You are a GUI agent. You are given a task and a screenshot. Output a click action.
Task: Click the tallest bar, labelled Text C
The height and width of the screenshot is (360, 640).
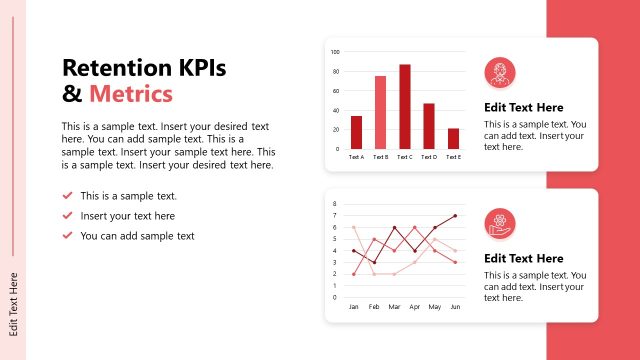coord(405,107)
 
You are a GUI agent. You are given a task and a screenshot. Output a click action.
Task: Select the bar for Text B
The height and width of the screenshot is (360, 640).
coord(380,113)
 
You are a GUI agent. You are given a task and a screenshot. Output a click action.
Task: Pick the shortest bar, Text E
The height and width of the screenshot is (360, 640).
coord(453,138)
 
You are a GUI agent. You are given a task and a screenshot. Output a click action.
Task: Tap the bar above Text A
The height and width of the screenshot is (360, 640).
coord(356,132)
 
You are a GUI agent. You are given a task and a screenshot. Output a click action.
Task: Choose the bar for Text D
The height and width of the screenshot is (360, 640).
coord(429,126)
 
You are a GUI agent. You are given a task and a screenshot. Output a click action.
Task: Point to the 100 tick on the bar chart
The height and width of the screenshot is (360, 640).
coord(335,52)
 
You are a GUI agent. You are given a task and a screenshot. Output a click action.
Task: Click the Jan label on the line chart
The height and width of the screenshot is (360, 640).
coord(354,307)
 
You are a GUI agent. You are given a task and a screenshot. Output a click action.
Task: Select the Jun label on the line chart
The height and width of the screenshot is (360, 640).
coord(455,307)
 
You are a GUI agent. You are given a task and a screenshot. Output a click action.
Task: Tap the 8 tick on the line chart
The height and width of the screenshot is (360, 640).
coord(335,203)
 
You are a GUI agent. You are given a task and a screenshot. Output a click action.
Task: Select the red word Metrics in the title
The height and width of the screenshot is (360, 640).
coord(131,94)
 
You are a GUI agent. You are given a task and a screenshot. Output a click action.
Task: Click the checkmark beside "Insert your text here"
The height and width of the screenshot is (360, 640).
coord(67,215)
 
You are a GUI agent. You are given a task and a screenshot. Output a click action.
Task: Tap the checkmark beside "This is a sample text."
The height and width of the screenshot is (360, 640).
coord(67,196)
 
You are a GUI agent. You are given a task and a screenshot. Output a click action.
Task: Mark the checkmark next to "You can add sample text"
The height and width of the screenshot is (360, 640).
coord(67,235)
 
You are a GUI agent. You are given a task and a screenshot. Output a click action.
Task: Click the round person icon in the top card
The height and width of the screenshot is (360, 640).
coord(499,73)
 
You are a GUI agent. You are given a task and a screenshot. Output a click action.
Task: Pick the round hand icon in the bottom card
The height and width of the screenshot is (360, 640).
coord(499,224)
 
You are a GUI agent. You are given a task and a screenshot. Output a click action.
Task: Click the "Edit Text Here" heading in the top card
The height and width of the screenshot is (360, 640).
coord(523,107)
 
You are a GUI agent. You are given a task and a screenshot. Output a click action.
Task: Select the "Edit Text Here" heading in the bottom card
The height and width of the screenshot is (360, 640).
coord(523,258)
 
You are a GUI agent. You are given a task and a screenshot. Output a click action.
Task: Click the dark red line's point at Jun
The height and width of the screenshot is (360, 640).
coord(455,215)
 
